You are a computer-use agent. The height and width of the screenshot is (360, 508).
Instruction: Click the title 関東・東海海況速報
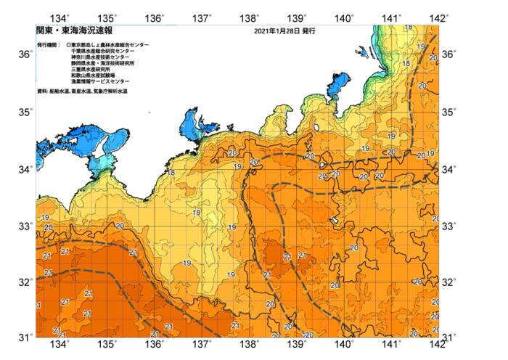(x=74, y=31)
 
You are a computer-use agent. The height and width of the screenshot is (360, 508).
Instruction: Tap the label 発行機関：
(x=49, y=45)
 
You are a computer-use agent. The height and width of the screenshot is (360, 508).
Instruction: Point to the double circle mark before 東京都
(x=68, y=45)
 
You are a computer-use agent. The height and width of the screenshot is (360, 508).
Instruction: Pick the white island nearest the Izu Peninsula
(x=317, y=129)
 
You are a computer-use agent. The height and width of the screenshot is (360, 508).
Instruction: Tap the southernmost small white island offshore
(x=334, y=221)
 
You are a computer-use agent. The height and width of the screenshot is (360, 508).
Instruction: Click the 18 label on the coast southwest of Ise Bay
(x=171, y=173)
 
